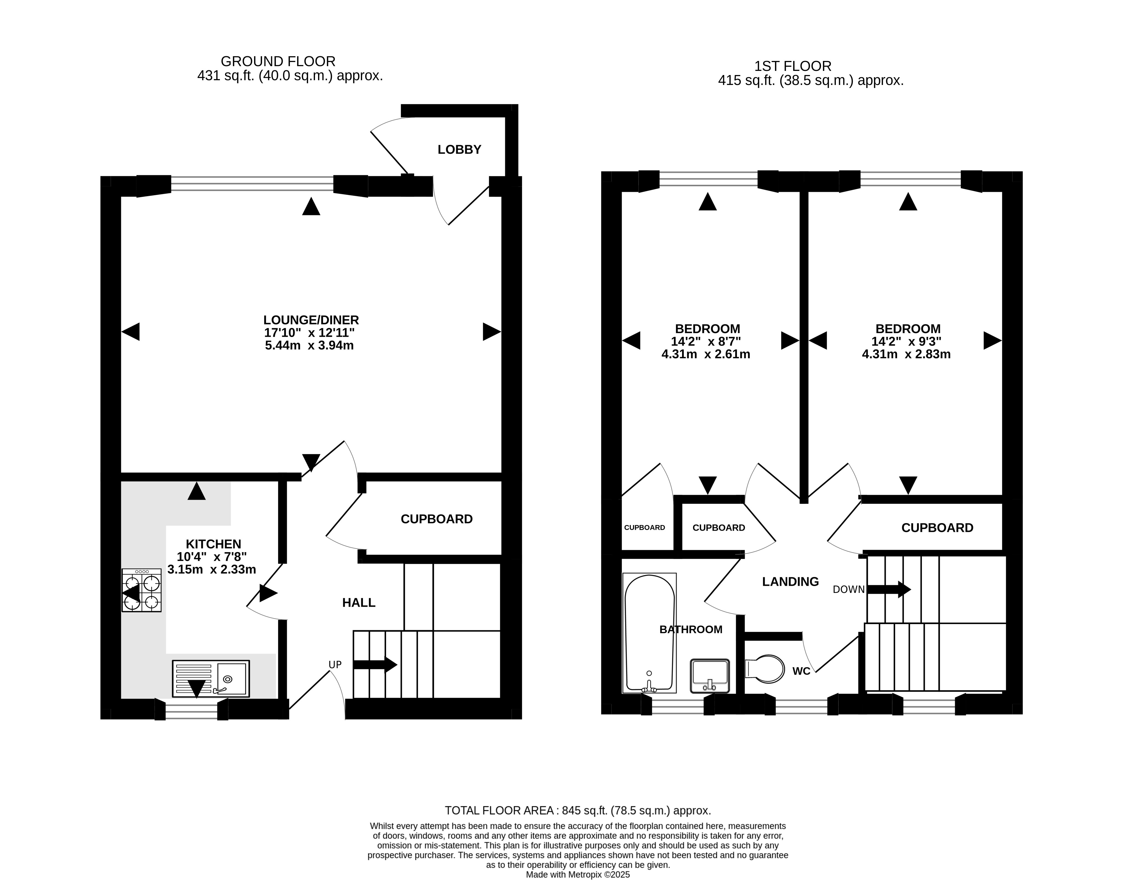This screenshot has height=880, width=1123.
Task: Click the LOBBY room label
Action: [x=459, y=149]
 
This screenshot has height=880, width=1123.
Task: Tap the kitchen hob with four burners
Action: [x=142, y=590]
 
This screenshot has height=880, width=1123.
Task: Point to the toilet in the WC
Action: [x=765, y=669]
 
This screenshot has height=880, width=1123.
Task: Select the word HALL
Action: [x=359, y=603]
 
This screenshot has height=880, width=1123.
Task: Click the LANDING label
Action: [x=790, y=582]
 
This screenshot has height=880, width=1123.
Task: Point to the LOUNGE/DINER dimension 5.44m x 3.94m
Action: [x=309, y=345]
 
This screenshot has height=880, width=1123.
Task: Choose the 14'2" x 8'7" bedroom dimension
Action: [x=706, y=341]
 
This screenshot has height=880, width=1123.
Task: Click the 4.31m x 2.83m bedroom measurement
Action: [x=906, y=354]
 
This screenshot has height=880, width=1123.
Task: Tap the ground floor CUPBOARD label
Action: [x=437, y=519]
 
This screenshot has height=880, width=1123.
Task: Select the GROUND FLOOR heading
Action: [x=278, y=61]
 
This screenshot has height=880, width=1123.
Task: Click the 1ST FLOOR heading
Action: [x=793, y=66]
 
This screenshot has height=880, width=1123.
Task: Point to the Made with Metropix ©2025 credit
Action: [x=578, y=874]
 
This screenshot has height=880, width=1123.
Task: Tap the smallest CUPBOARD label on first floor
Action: [x=645, y=528]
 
